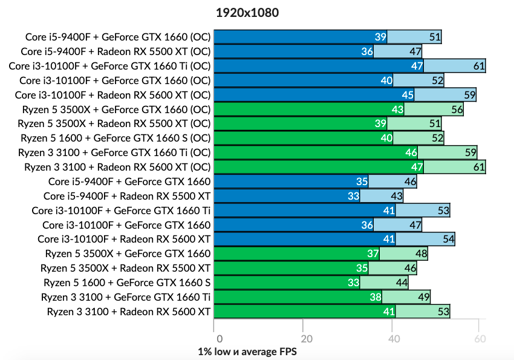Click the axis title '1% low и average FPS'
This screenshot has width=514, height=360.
click(x=247, y=351)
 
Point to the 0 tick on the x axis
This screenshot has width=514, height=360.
click(x=220, y=339)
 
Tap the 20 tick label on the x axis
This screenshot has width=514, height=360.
click(x=307, y=339)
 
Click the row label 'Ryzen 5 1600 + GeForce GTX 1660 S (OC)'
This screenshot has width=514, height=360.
click(x=115, y=138)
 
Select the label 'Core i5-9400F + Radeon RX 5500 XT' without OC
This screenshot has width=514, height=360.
click(x=127, y=196)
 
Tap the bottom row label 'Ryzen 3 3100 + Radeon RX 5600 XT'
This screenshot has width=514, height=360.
click(x=129, y=312)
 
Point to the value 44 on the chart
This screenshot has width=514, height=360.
click(x=401, y=283)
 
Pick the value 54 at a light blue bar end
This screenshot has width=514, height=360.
click(x=448, y=240)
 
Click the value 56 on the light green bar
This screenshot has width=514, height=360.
click(x=457, y=110)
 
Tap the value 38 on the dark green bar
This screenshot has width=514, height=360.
click(x=375, y=297)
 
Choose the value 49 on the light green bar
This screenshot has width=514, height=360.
click(x=423, y=297)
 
